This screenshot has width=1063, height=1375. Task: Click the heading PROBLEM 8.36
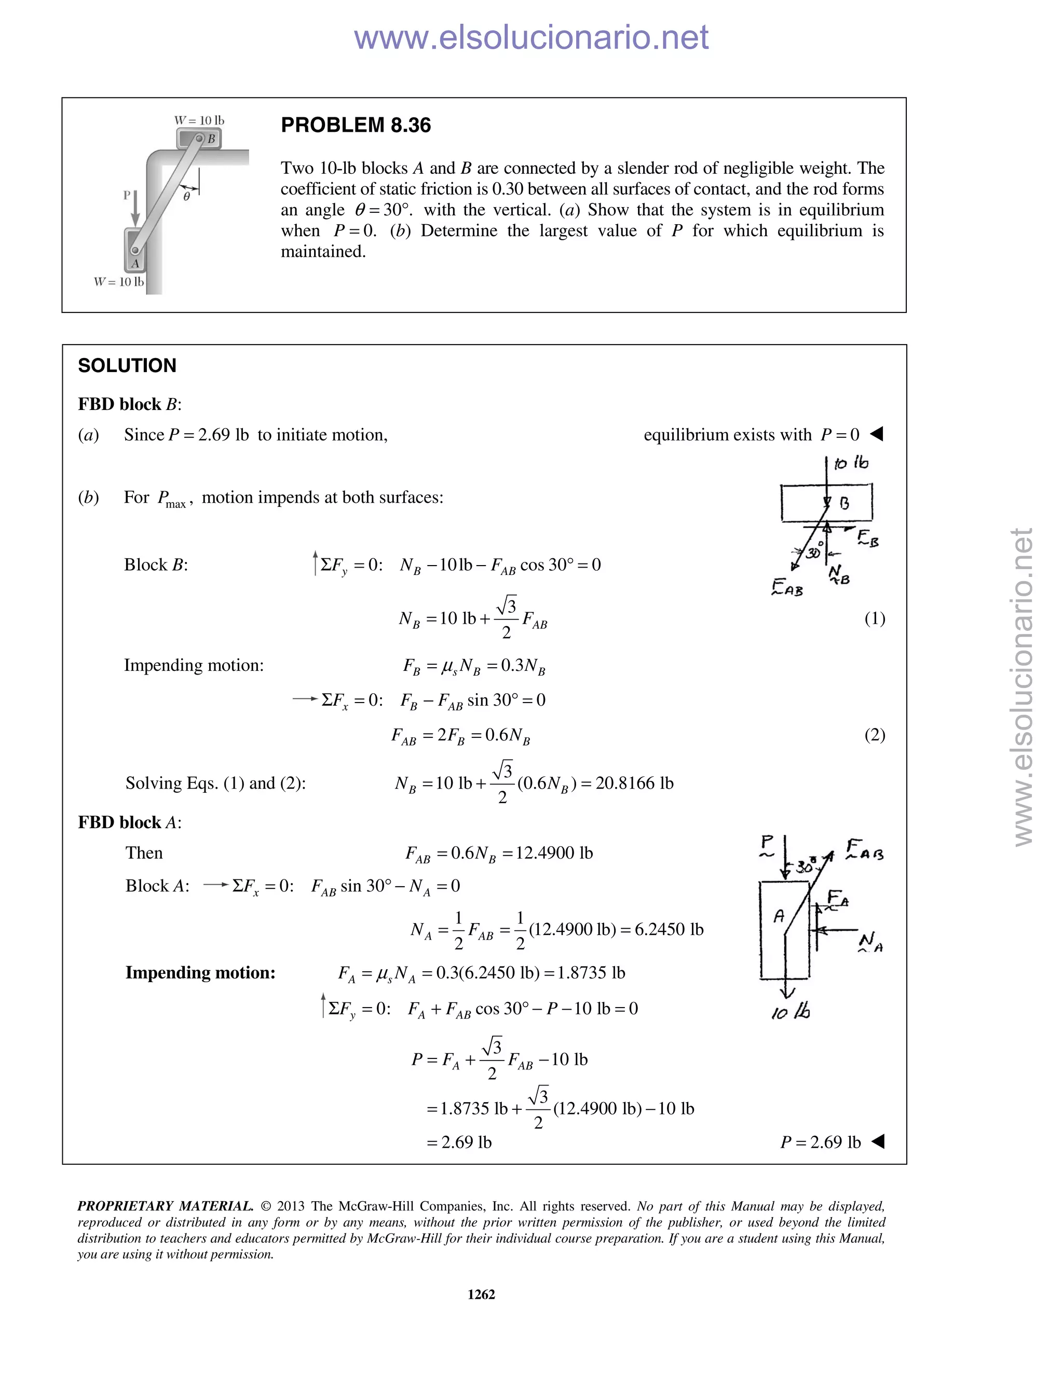(x=356, y=125)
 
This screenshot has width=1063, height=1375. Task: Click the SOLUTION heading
(x=127, y=366)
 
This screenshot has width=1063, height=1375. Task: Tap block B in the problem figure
(x=199, y=138)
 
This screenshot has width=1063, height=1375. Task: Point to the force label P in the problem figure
(x=127, y=195)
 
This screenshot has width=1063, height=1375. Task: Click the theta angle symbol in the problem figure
(x=186, y=197)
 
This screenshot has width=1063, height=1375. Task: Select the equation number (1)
(x=874, y=619)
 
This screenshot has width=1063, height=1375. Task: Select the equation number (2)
(x=874, y=735)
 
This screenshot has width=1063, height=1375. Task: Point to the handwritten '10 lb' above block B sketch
(x=851, y=463)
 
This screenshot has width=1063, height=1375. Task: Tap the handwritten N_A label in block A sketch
(x=871, y=942)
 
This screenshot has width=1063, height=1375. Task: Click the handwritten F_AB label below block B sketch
(x=787, y=589)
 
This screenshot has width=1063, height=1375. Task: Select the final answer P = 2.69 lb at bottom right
(x=820, y=1142)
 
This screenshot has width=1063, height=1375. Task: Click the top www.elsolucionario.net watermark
(x=531, y=37)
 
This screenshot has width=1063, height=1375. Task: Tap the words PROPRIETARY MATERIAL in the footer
(x=165, y=1206)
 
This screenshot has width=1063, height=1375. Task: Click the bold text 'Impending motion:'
(x=200, y=973)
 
